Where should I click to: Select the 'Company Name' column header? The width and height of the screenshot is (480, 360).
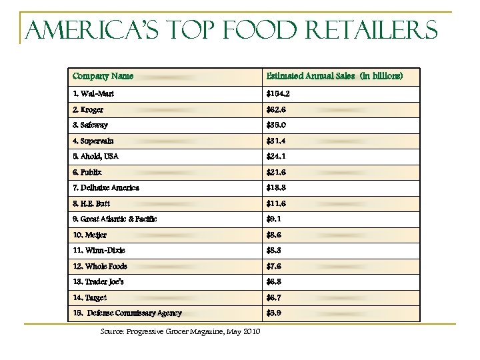coord(103,76)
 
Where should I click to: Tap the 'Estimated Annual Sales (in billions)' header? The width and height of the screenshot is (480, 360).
coord(334,76)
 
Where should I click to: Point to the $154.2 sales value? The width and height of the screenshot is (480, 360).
coord(278,94)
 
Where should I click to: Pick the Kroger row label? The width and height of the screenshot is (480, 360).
coord(88,109)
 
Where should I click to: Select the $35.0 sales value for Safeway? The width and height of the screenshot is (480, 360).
coord(276,125)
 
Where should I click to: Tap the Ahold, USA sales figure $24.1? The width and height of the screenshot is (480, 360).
coord(276,157)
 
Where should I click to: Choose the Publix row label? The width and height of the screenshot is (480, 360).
coord(87,172)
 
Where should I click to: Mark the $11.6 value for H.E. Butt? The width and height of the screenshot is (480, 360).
coord(276,203)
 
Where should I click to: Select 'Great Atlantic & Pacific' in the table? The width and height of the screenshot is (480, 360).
coord(115,219)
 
